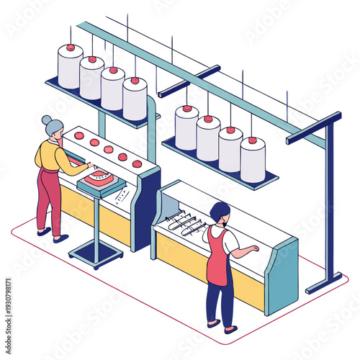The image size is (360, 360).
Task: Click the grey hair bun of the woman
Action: tap(47, 120)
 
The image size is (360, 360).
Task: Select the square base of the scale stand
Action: tap(96, 253)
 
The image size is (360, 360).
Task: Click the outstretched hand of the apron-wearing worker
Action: tap(253, 248)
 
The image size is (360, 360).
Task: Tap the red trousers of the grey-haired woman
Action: tap(49, 202)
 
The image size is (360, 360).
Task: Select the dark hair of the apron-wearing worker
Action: tap(220, 212)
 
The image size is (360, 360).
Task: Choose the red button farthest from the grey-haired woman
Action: tap(137, 163)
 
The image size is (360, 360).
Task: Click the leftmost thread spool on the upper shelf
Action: tap(70, 68)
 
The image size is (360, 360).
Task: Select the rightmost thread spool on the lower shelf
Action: tap(252, 160)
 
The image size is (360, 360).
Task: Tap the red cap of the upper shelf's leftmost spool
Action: tap(71, 48)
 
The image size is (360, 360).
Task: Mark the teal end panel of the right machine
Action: tap(282, 277)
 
